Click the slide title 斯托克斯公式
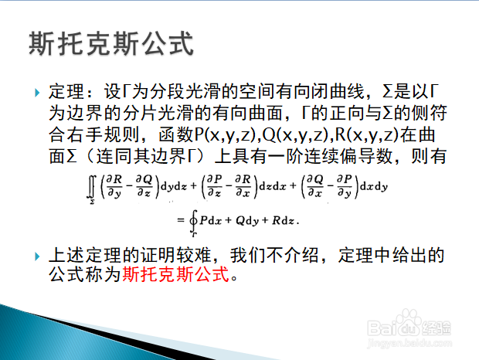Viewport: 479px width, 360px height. coord(110,42)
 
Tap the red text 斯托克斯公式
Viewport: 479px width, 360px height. coord(177,275)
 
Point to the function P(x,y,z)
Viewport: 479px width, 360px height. coord(223,134)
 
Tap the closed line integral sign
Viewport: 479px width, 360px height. coord(192,221)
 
